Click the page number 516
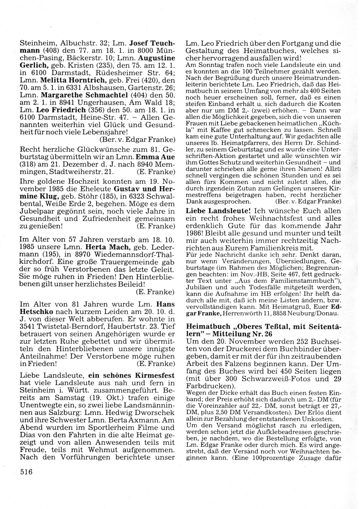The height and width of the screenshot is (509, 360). tap(26, 472)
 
